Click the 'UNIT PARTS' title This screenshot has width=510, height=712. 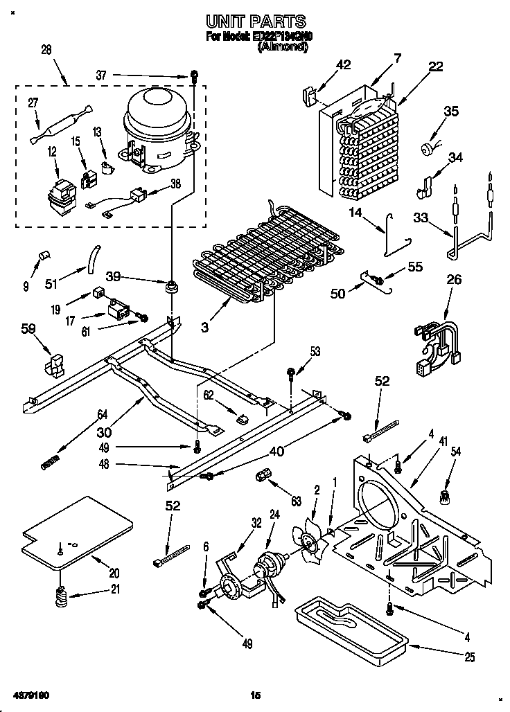[256, 22]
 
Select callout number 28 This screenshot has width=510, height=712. [46, 51]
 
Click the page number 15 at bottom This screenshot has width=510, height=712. [254, 694]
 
